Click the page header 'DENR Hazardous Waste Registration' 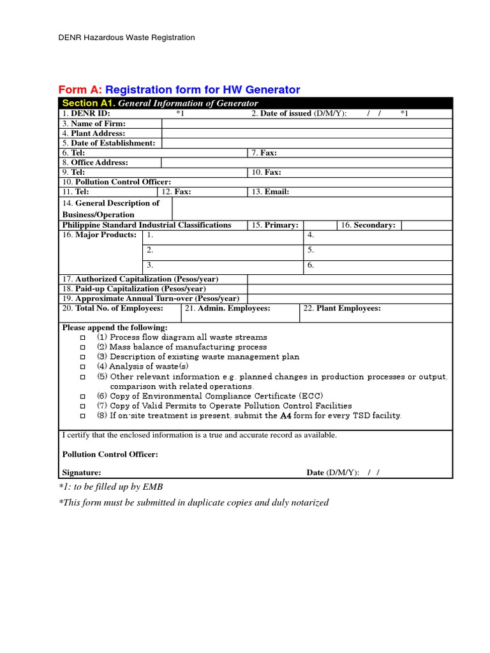(x=126, y=38)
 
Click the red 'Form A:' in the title (x=80, y=90)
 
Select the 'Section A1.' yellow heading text (x=89, y=103)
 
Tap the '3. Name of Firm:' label (x=94, y=124)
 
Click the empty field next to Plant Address (x=307, y=133)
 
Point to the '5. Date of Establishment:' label (x=109, y=143)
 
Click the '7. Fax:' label (x=264, y=153)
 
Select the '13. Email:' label (x=270, y=192)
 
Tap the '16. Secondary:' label (x=368, y=225)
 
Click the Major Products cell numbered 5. (x=378, y=251)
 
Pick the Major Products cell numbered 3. (x=222, y=265)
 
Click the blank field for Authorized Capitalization (x=350, y=279)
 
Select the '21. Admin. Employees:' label (x=227, y=309)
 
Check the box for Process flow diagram (x=82, y=337)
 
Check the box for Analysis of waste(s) (x=82, y=367)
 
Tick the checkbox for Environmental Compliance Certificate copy (x=82, y=397)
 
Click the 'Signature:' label (x=81, y=473)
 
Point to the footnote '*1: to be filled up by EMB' (x=110, y=487)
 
